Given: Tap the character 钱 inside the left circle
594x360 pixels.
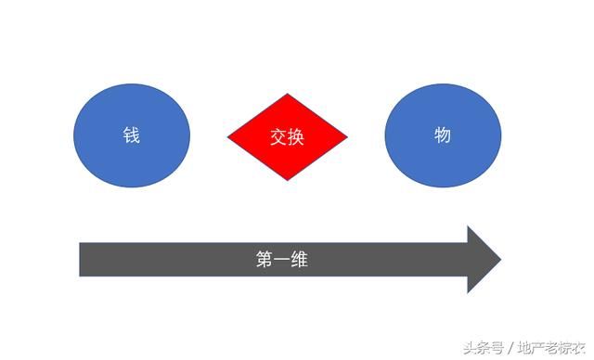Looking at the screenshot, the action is coord(132,135).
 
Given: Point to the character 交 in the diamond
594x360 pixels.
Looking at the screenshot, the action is coord(278,137).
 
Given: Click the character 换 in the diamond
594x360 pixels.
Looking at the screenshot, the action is coord(296,137).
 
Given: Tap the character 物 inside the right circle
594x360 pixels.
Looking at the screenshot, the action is coord(443,135).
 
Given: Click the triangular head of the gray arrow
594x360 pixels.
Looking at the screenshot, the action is coord(483,260).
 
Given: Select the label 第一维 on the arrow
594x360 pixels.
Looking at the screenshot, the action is coord(282,260).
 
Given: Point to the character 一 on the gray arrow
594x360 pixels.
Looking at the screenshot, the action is coord(282,260).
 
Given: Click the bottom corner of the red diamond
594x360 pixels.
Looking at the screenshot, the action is coord(288,179).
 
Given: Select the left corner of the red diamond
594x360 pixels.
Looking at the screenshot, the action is coord(229,137).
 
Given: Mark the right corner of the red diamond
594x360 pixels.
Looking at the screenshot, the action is coord(346,137).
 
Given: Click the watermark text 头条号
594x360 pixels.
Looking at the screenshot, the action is coord(483,348).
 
